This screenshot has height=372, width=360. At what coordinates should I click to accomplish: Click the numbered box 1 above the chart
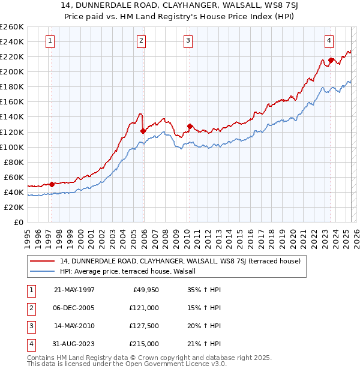pyautogui.click(x=49, y=41)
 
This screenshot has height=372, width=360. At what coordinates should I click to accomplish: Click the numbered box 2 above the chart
pyautogui.click(x=140, y=41)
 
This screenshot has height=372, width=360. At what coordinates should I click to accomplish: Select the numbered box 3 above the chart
pyautogui.click(x=188, y=41)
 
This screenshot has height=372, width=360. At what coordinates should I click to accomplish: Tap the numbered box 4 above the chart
pyautogui.click(x=329, y=41)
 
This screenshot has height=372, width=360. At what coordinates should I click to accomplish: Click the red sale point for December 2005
pyautogui.click(x=143, y=131)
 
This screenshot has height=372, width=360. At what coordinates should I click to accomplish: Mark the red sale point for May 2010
pyautogui.click(x=190, y=126)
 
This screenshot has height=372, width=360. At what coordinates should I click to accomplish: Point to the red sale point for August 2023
pyautogui.click(x=331, y=60)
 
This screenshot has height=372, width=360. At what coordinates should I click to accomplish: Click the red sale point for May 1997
pyautogui.click(x=52, y=184)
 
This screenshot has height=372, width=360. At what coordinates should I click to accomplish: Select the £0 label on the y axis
pyautogui.click(x=18, y=222)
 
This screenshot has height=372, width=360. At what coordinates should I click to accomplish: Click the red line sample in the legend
pyautogui.click(x=43, y=261)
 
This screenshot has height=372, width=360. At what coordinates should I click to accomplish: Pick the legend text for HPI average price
pyautogui.click(x=133, y=271)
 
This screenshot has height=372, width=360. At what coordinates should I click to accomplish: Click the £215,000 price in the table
pyautogui.click(x=145, y=344)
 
